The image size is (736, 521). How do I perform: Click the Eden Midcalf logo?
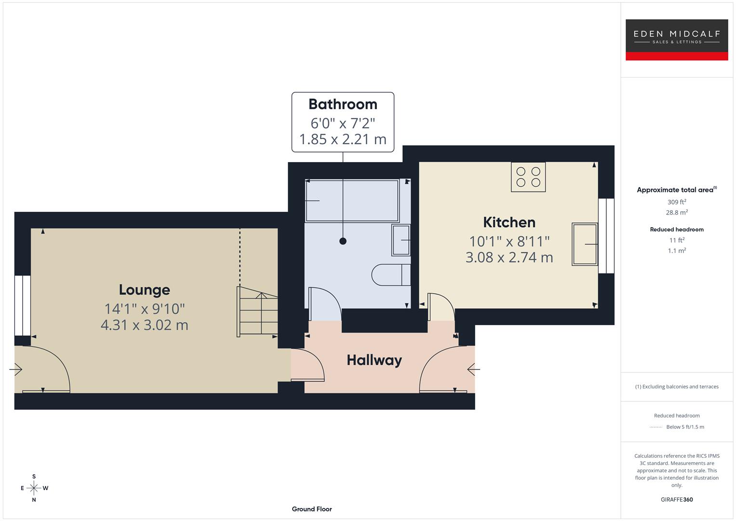(676, 40)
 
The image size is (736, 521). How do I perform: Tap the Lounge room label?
(144, 289)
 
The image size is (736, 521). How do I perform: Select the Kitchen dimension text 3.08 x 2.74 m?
(509, 257)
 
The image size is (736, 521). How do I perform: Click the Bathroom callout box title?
(343, 104)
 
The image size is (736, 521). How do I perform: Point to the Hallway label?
(374, 360)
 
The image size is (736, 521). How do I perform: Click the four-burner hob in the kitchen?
(528, 177)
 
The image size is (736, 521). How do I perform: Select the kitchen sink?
(584, 244)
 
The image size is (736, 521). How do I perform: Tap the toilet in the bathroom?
(390, 274)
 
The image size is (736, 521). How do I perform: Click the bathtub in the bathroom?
(352, 200)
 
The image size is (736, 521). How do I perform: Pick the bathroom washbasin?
(401, 240)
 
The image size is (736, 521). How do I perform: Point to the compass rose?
(34, 488)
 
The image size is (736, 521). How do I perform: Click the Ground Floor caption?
(311, 509)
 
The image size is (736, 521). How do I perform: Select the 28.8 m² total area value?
(676, 212)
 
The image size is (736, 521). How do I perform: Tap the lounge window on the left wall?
(22, 305)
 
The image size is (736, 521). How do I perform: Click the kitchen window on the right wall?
(606, 236)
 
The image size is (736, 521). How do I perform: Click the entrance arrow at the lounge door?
(15, 370)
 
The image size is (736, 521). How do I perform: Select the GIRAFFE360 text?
(676, 499)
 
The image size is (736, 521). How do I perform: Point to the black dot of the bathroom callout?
(343, 241)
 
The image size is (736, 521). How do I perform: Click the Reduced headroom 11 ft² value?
(676, 240)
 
